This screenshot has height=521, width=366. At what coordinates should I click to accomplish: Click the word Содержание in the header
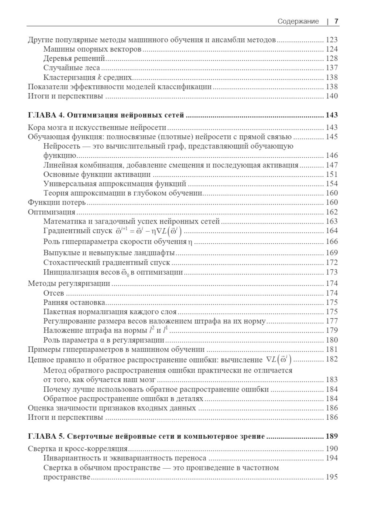coord(298,21)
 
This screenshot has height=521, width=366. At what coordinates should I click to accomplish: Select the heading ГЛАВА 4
coord(46,115)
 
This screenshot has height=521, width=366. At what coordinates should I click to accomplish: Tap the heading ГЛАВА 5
coord(46,436)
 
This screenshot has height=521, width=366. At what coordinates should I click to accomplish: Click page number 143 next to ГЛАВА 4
coord(332,115)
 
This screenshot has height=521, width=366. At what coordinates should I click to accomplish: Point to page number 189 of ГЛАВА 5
coord(332,436)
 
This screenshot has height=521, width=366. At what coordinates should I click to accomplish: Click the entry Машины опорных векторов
coord(92,49)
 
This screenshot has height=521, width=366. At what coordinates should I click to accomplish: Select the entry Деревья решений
coord(74,58)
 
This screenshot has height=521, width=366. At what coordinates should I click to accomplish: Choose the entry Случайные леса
coord(72,68)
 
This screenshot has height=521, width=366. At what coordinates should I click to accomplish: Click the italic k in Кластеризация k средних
coord(99,77)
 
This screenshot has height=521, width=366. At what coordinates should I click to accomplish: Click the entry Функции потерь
coord(57,202)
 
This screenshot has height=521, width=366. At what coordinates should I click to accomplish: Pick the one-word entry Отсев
coord(53,293)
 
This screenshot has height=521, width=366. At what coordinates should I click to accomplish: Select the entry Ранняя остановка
coord(74,302)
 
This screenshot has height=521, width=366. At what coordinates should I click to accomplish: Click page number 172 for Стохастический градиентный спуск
coord(332,262)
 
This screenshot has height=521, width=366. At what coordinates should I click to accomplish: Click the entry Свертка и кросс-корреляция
coord(78,449)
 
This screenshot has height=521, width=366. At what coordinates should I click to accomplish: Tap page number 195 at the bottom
coord(332,477)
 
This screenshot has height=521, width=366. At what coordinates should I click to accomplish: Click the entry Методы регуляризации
coord(69,283)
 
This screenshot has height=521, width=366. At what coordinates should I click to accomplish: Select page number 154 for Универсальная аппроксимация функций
coord(332,184)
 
